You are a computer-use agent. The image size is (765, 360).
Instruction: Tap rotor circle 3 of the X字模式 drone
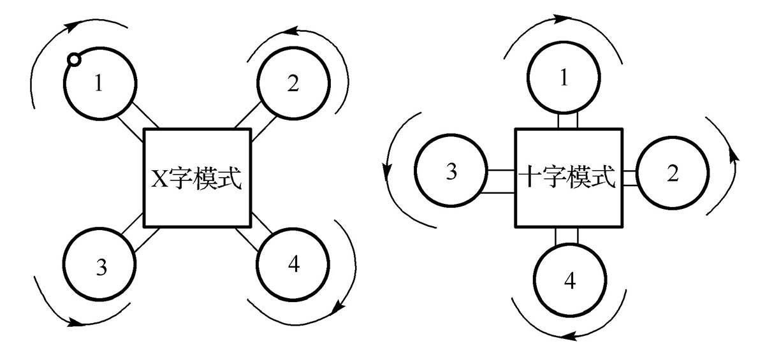click(x=101, y=266)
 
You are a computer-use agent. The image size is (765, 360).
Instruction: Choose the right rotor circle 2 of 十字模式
click(x=672, y=173)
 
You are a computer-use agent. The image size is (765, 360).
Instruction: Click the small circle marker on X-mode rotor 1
click(x=74, y=60)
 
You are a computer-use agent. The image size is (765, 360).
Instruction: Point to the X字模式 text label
click(x=196, y=178)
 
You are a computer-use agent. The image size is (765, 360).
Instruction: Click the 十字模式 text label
click(x=567, y=176)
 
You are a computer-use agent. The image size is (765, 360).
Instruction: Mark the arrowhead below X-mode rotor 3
click(x=78, y=323)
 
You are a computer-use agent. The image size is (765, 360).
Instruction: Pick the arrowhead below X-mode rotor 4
click(x=337, y=308)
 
